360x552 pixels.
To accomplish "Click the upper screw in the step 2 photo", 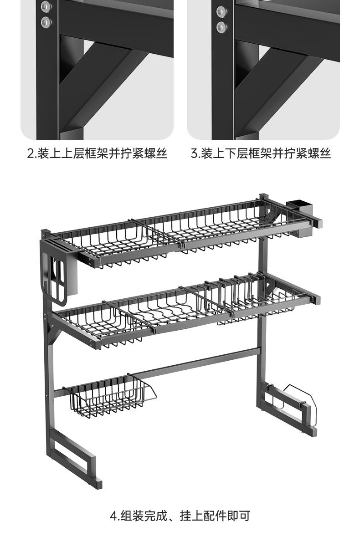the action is [x=46, y=7].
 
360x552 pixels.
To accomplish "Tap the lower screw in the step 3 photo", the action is [x=222, y=26].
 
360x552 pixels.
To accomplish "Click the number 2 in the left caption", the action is [x=31, y=153].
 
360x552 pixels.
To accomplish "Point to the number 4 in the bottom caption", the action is [x=113, y=516].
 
